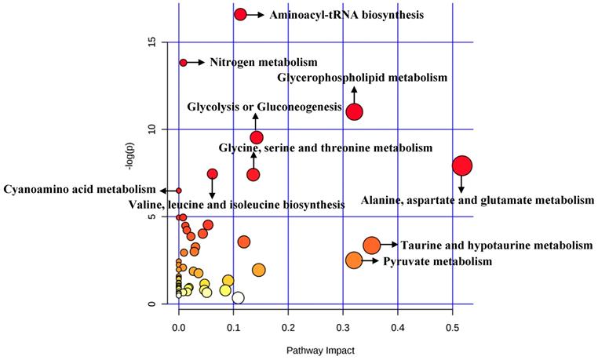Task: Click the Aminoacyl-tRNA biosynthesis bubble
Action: [240, 14]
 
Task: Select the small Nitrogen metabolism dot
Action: [183, 62]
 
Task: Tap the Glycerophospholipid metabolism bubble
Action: [354, 111]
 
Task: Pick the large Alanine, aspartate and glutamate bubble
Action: [461, 165]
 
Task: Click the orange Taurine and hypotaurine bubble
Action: [371, 245]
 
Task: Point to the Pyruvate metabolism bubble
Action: [354, 260]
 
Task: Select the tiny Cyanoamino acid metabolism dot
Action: [179, 191]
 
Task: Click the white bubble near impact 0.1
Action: [238, 297]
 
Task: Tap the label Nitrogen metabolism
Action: [263, 62]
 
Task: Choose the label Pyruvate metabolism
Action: [437, 261]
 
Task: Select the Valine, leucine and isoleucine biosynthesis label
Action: [235, 204]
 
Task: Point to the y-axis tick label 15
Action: [152, 42]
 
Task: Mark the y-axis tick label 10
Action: [152, 129]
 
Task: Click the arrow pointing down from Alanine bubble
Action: [461, 184]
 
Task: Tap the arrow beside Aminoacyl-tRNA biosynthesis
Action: [257, 14]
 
